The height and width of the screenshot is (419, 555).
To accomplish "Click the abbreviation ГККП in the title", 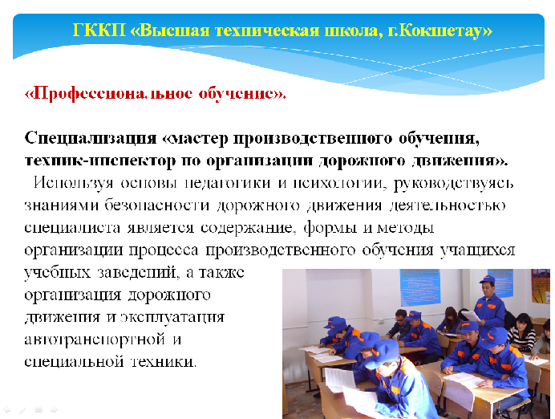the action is (x=99, y=31).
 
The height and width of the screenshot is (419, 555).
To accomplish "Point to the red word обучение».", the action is (x=242, y=94).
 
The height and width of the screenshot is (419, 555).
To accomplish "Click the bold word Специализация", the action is (x=91, y=139).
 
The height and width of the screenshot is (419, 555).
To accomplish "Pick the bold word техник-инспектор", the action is (x=100, y=161).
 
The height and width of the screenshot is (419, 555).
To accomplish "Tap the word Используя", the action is (x=74, y=183).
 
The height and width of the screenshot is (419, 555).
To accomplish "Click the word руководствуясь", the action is (x=453, y=184).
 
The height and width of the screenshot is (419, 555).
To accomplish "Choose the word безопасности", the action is (x=157, y=205).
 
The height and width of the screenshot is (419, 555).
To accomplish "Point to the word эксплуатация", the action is (x=172, y=317).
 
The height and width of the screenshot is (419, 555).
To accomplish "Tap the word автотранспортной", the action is (x=95, y=340).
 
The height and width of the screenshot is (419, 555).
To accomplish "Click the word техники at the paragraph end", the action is (x=164, y=362).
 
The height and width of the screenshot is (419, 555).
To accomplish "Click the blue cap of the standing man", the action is (x=487, y=280).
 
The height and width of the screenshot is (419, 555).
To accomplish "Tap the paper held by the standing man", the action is (x=472, y=316).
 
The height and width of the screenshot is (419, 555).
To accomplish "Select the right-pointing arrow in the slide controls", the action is (x=54, y=410).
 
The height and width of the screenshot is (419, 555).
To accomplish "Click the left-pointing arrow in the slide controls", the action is (x=6, y=410).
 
